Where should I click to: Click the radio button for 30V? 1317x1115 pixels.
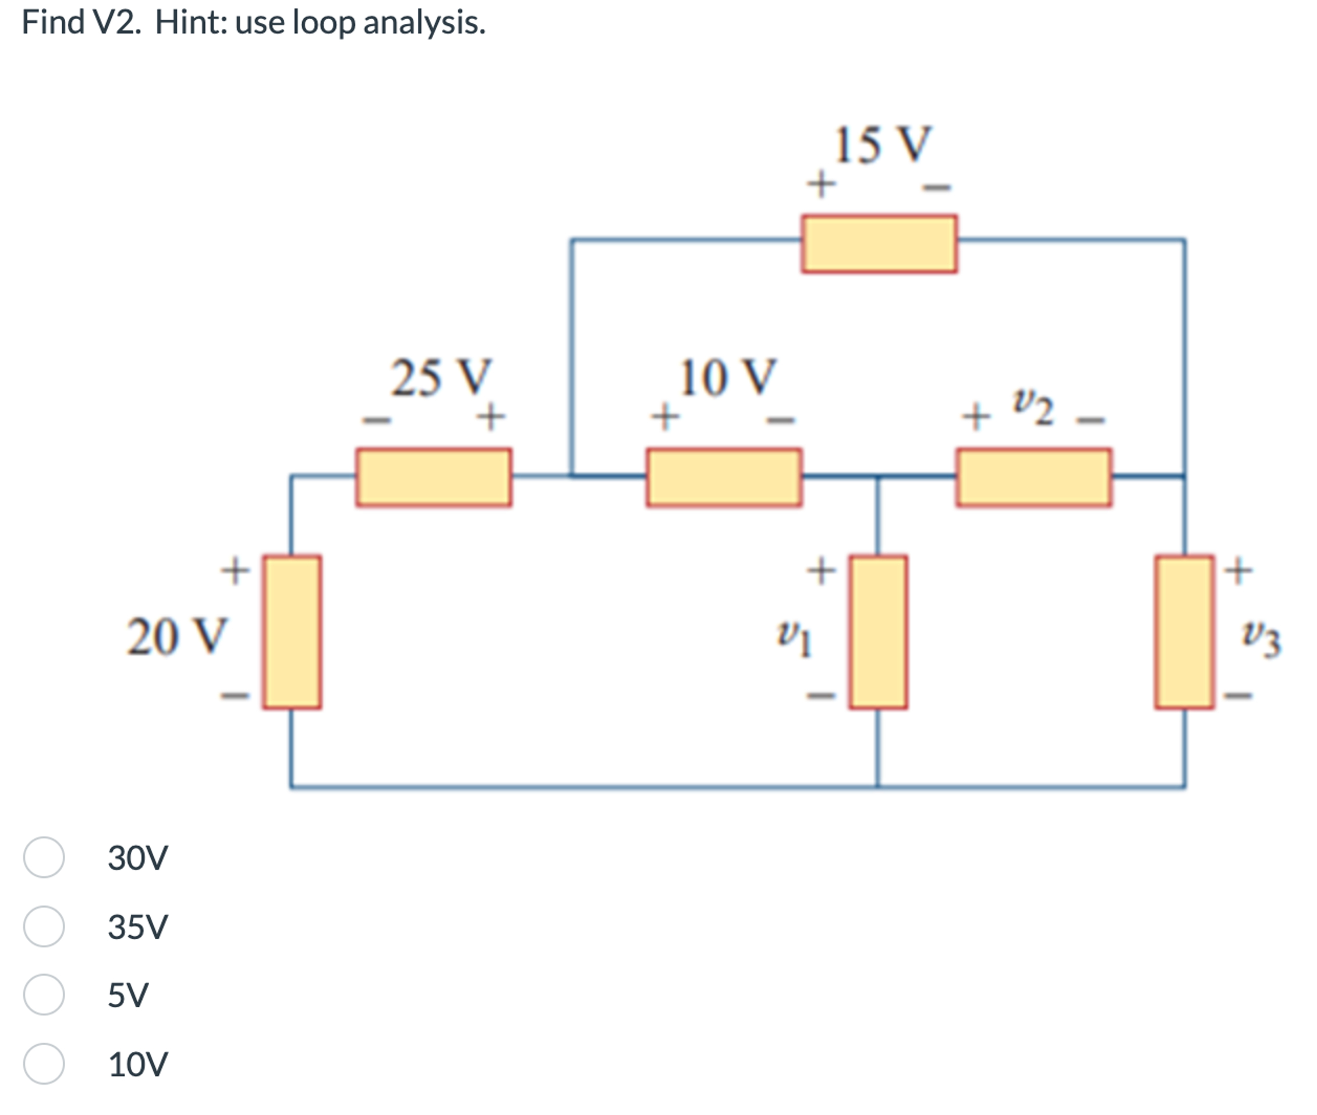44,857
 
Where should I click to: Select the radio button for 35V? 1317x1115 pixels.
44,926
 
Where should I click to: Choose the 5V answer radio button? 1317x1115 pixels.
44,994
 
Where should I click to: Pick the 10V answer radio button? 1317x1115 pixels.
44,1064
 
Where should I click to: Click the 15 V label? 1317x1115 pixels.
881,145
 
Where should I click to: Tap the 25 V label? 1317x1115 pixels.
441,378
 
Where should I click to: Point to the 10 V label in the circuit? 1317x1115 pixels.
727,378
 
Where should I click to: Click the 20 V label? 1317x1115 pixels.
176,636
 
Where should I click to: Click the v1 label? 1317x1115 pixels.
794,638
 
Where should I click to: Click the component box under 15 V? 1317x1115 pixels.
879,244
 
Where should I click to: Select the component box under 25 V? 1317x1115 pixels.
434,477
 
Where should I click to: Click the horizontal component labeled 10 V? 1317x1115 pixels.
724,477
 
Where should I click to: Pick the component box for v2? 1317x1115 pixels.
1034,477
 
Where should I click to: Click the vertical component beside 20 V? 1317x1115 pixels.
292,632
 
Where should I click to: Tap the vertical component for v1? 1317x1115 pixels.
878,632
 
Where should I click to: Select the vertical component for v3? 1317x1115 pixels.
1184,632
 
